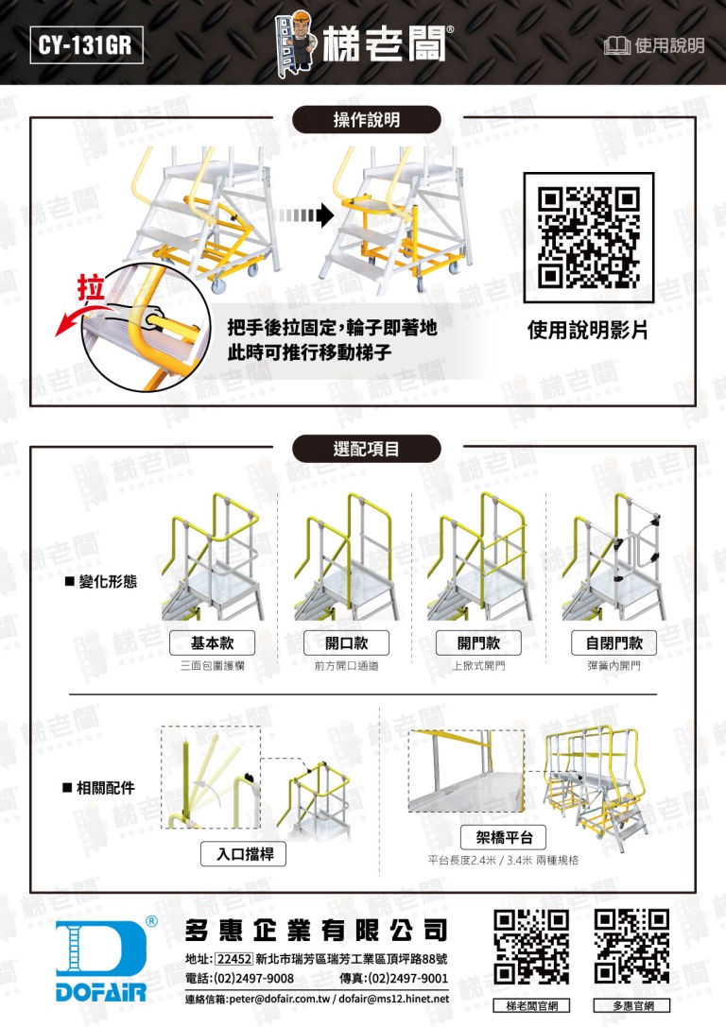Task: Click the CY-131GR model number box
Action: tap(86, 44)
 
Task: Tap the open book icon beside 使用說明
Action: tap(616, 46)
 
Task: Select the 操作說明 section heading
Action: tap(366, 120)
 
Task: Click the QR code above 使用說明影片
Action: tap(588, 237)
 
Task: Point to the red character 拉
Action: tap(91, 288)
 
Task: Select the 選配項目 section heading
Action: tap(366, 449)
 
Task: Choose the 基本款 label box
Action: tap(213, 643)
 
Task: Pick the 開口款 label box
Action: tap(347, 643)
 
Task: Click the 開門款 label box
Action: tap(479, 643)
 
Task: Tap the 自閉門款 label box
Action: tap(614, 643)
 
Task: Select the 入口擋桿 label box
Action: tap(243, 854)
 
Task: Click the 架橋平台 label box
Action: tap(504, 837)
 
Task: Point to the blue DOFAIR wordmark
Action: tap(101, 992)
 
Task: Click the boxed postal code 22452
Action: tap(233, 959)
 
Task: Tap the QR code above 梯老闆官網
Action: tap(531, 947)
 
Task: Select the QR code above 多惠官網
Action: tap(632, 947)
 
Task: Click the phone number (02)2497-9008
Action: tap(253, 979)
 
